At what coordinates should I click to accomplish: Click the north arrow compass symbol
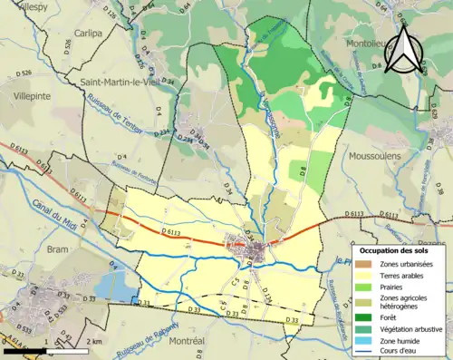click(x=402, y=51)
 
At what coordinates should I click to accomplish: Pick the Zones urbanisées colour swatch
click(x=365, y=263)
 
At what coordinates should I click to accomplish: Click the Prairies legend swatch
click(x=365, y=286)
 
